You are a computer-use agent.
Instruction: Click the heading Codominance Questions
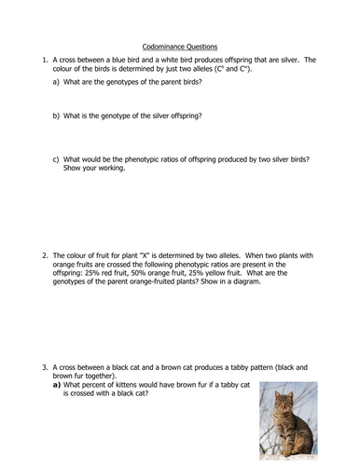tap(179, 45)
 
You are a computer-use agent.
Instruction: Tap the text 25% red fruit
tap(107, 271)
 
